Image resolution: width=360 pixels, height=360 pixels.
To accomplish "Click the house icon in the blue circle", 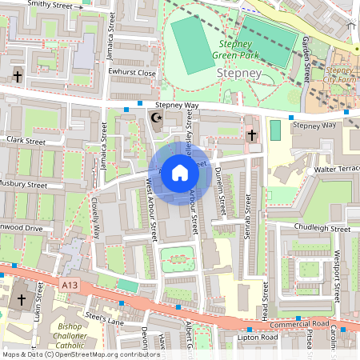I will click(180, 173).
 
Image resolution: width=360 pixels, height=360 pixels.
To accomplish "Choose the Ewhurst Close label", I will click(133, 72).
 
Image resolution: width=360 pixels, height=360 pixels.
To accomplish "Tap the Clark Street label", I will click(24, 140).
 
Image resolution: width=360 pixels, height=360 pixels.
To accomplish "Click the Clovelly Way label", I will click(95, 218).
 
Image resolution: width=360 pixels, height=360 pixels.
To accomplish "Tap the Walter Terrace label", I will click(336, 170).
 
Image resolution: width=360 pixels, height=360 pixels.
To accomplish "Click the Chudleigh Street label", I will click(322, 228).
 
